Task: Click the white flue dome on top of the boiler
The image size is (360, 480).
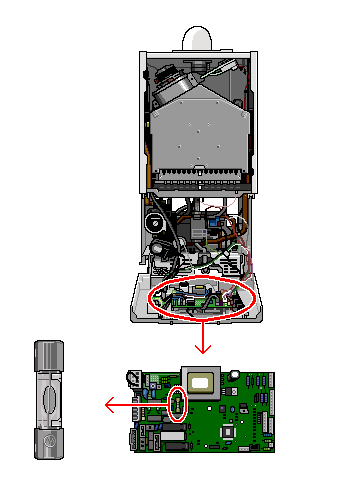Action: click(x=203, y=37)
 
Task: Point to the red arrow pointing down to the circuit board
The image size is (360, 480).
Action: click(x=203, y=337)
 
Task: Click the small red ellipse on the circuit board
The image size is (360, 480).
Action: click(x=179, y=403)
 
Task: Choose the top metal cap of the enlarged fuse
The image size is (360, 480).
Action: click(x=49, y=354)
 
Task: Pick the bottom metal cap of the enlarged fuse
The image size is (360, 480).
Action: click(x=49, y=443)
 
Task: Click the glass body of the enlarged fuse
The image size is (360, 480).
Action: click(x=49, y=399)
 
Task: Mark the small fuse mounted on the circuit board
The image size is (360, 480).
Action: click(x=179, y=403)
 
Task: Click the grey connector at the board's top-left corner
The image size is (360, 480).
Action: click(x=132, y=379)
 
